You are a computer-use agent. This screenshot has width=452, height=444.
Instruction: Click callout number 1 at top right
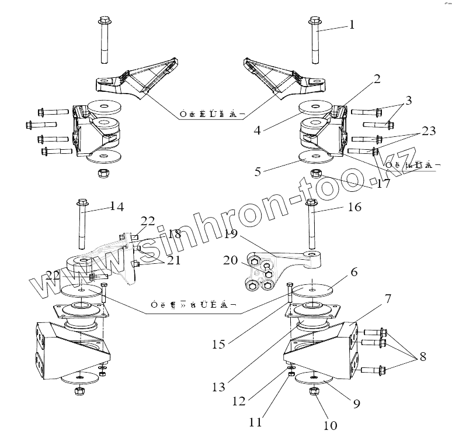[352, 25]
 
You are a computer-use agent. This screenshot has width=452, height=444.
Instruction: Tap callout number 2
[377, 78]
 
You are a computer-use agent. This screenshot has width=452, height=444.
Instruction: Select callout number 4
[258, 132]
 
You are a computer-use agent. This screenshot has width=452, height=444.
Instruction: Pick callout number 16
[354, 207]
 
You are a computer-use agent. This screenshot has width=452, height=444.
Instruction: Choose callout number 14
[117, 206]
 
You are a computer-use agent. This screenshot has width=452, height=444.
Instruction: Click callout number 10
[330, 425]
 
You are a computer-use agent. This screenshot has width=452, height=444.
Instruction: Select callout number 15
[218, 345]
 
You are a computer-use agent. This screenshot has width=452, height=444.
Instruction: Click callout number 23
[429, 131]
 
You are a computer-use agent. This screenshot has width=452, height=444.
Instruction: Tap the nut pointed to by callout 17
[316, 173]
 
